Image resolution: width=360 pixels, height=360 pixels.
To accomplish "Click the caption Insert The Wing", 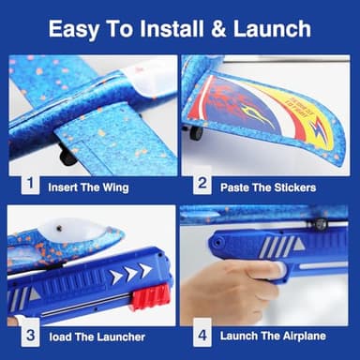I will (89, 187).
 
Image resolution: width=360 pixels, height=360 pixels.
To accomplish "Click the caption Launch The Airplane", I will (272, 335).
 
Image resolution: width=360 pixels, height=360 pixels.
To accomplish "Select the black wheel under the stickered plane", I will (195, 132).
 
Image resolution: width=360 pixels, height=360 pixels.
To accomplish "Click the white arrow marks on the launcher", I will (128, 274).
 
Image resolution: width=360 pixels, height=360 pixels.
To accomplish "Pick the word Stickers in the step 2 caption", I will (291, 187).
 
